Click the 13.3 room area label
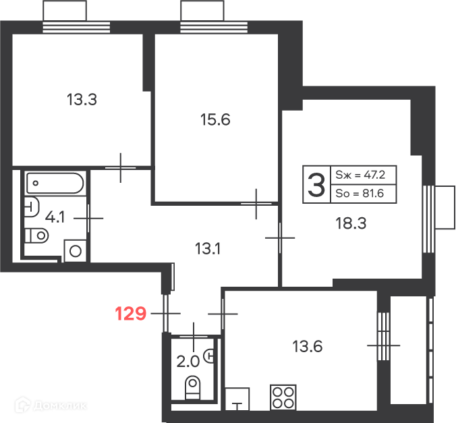tap(82, 99)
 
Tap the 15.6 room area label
tap(215, 119)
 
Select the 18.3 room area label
tap(351, 223)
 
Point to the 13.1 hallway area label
tap(208, 249)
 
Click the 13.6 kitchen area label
tap(308, 347)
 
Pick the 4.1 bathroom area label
tap(55, 217)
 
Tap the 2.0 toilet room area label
tap(188, 362)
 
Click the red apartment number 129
tap(131, 314)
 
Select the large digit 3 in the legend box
tap(316, 185)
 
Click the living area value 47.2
tap(374, 175)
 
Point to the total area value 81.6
tap(374, 193)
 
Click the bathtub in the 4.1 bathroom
tap(55, 184)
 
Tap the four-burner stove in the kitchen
tap(283, 397)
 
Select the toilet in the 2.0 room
tap(192, 387)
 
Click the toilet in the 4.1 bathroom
tap(36, 235)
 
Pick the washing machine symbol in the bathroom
tap(76, 251)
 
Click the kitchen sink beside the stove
tap(237, 399)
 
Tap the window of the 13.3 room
tap(76, 27)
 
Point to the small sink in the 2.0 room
tap(209, 356)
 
